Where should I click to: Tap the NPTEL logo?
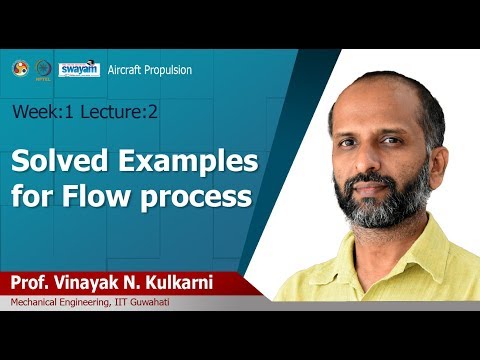coord(43,68)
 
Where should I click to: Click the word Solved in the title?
coord(60,162)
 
